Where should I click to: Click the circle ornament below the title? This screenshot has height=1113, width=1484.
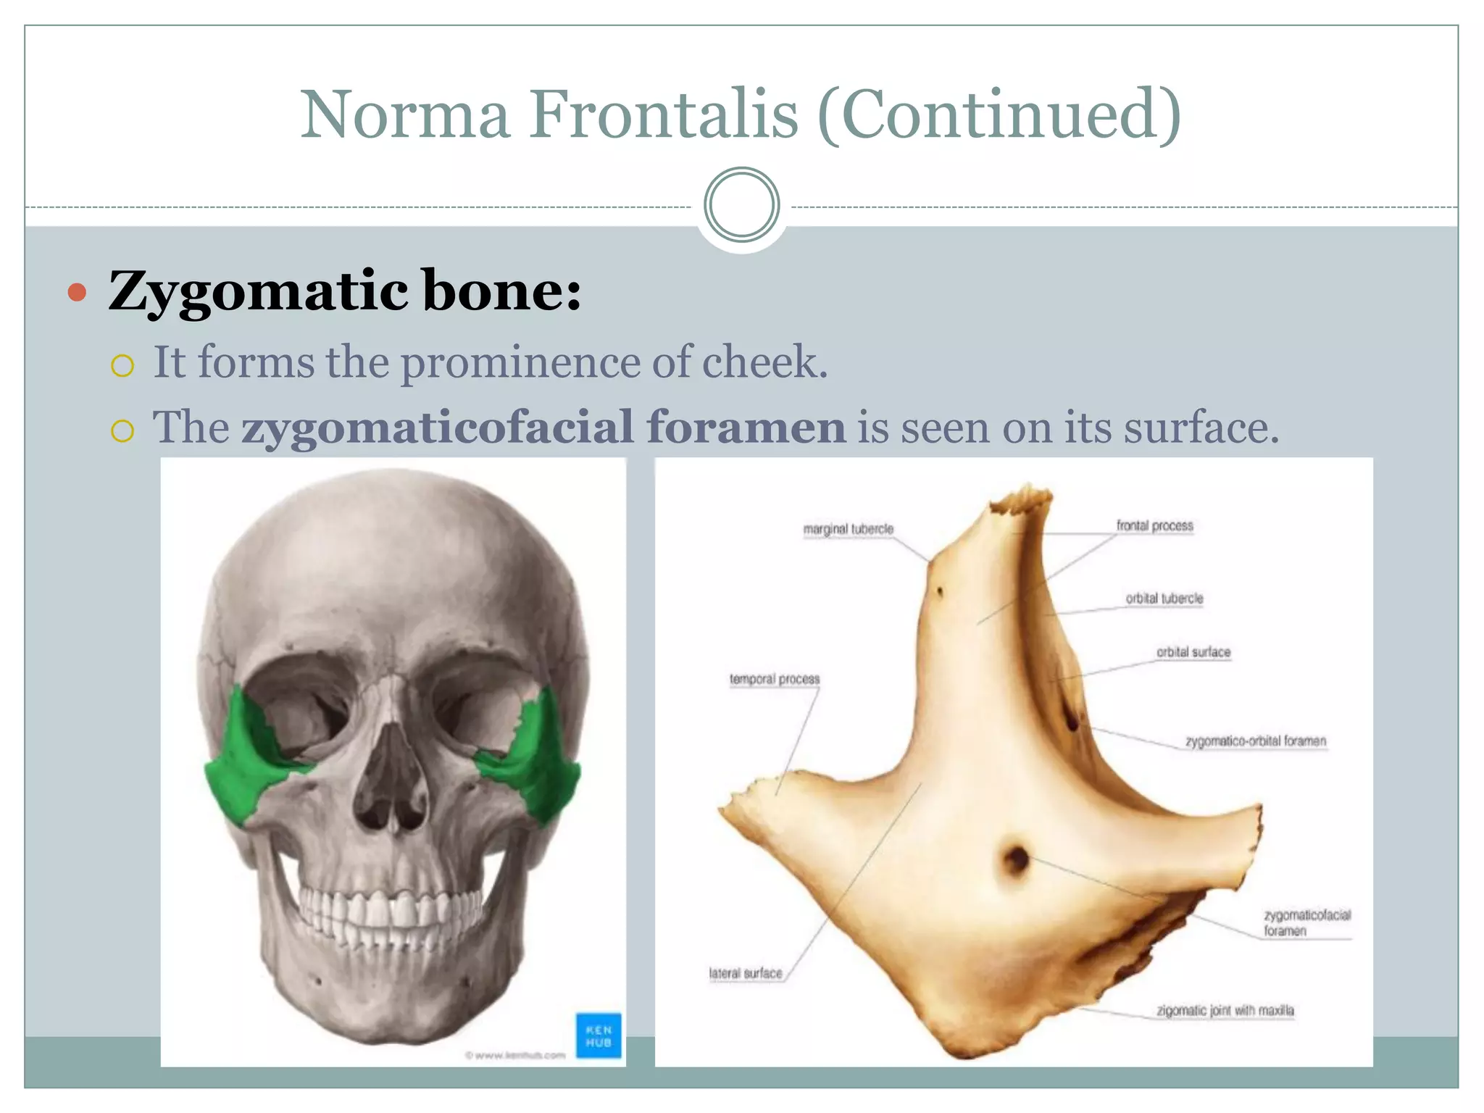(741, 205)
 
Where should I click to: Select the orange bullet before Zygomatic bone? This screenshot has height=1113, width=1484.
(78, 293)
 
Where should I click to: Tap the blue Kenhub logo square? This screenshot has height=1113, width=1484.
(599, 1035)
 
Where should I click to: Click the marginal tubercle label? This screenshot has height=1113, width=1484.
(848, 529)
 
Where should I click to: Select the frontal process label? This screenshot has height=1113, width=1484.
(1154, 525)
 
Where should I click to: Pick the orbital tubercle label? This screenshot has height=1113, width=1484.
(1164, 599)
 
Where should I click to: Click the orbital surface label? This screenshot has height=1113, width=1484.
(1193, 652)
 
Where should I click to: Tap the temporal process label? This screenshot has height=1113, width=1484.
(774, 679)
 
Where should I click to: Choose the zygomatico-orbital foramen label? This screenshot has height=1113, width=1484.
(1255, 741)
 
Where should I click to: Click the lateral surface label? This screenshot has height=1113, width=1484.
(746, 973)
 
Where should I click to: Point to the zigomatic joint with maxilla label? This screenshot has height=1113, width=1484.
(1225, 1010)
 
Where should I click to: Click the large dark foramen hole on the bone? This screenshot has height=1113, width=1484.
(1017, 859)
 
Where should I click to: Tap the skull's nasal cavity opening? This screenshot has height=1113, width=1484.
(391, 783)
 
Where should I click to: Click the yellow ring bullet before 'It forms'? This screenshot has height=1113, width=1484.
(122, 365)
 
